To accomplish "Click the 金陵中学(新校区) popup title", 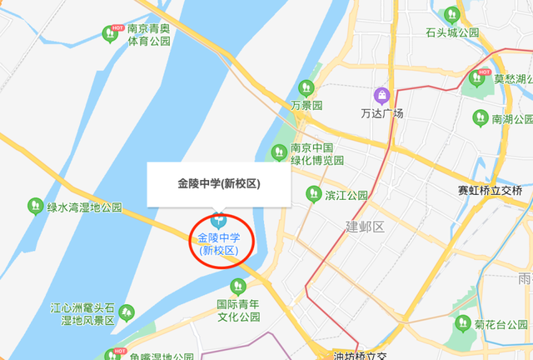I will [x=219, y=183].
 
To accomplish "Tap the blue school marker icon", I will [x=219, y=221].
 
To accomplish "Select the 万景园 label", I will [x=306, y=106].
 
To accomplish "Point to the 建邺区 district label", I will [x=364, y=227].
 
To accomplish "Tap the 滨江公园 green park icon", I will [x=313, y=195].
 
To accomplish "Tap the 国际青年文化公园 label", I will [x=238, y=311].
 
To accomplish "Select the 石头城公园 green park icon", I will [x=452, y=15].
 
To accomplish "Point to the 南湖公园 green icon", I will [x=480, y=119].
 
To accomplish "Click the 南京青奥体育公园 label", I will [x=149, y=33].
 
